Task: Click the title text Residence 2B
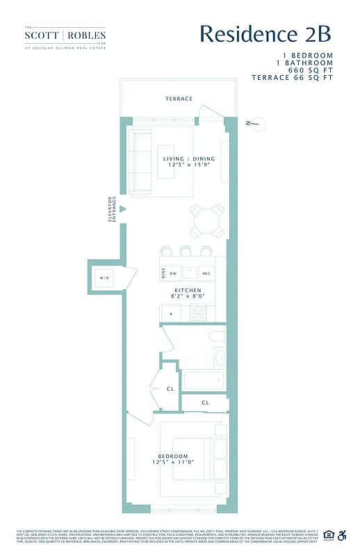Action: [265, 33]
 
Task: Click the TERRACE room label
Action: [179, 99]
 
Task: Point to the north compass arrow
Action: [254, 124]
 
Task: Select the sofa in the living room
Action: [142, 163]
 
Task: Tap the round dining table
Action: [207, 221]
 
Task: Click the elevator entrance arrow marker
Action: [122, 208]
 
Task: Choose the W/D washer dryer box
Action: [105, 278]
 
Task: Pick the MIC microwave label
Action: [206, 272]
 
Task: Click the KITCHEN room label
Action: [188, 293]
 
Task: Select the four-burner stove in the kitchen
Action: [198, 313]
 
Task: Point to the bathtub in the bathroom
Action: [204, 381]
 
